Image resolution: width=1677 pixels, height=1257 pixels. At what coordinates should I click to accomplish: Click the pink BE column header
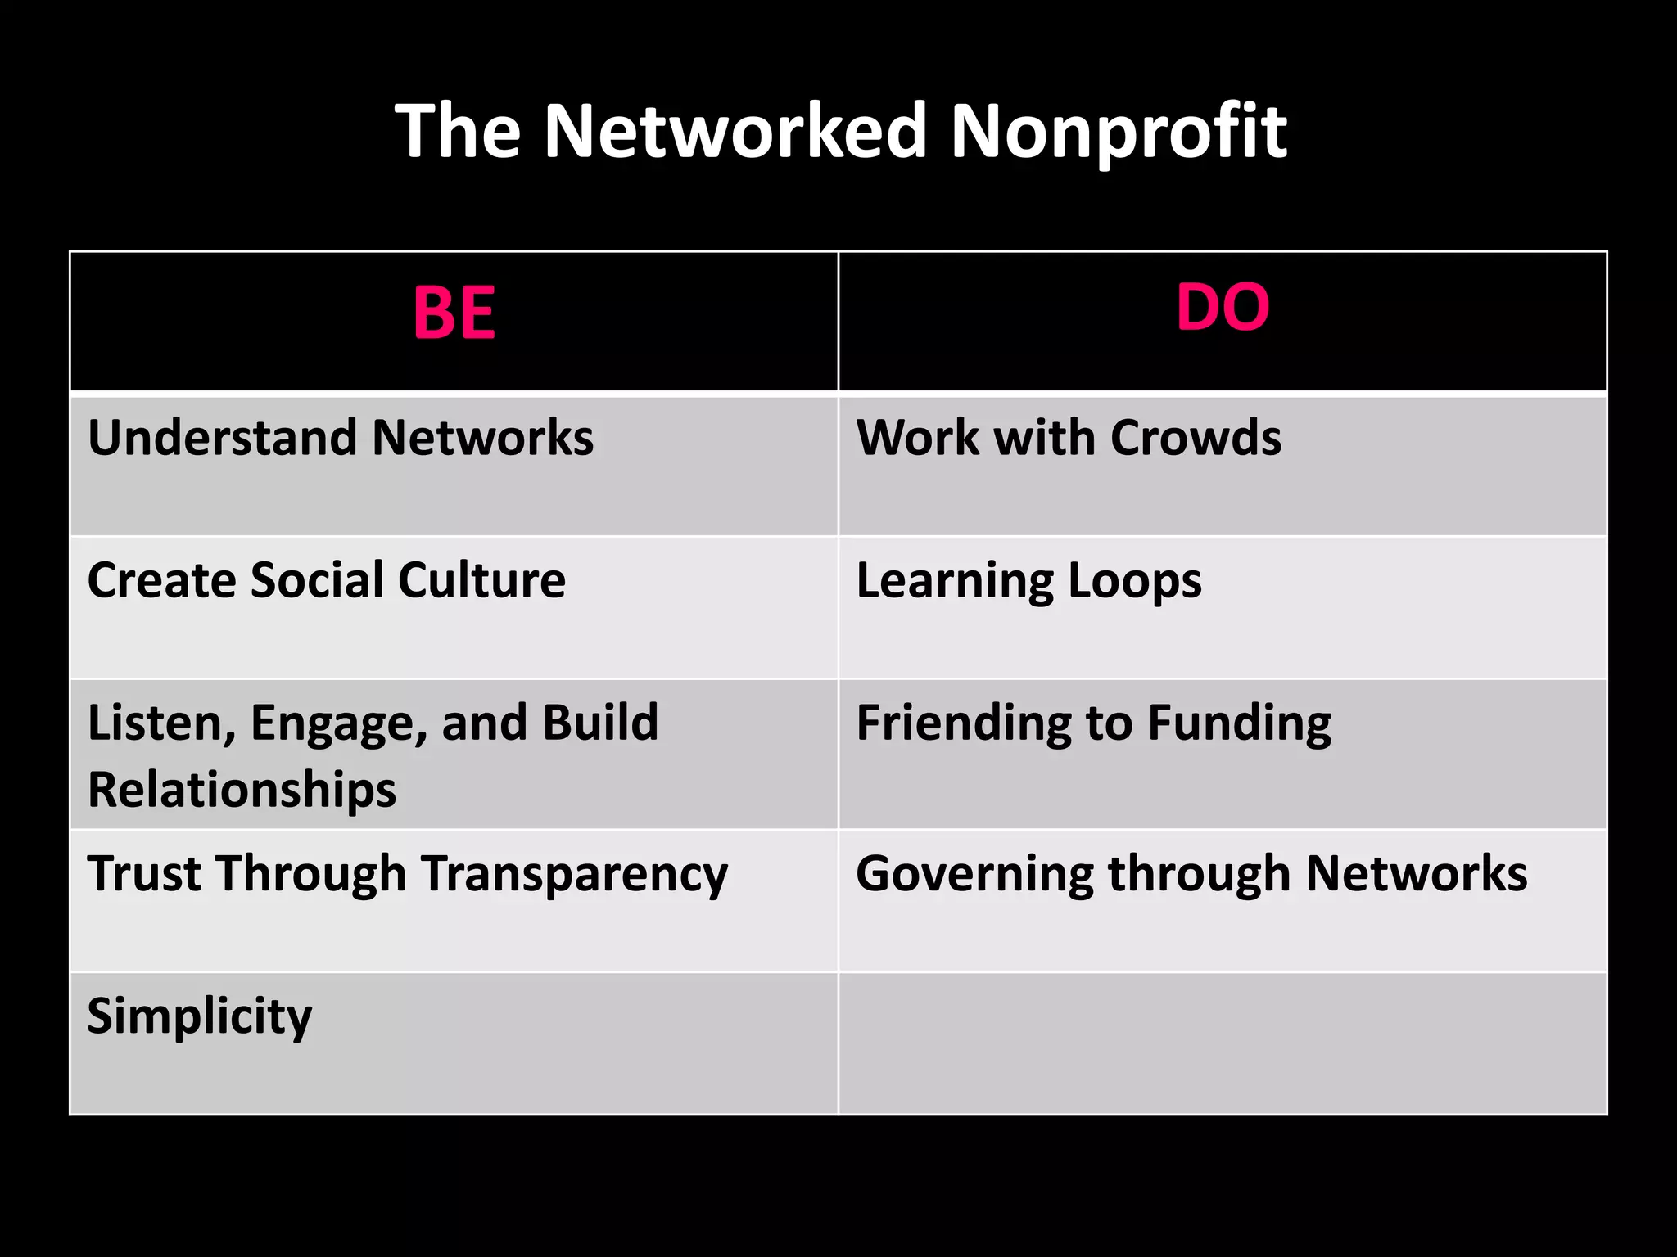point(454,313)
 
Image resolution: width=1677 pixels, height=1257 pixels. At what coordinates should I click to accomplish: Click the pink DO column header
point(1223,307)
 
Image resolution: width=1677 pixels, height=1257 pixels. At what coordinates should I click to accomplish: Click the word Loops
point(1135,582)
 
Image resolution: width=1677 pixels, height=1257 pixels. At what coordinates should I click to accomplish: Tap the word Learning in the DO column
point(954,582)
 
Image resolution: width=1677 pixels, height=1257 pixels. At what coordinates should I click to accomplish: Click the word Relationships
point(242,791)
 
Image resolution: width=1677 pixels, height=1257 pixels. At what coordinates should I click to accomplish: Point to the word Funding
point(1239,723)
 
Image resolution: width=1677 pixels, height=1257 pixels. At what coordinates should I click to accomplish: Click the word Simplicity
point(200,1017)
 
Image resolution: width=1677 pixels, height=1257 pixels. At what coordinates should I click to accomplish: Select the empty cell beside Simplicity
point(1223,1043)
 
